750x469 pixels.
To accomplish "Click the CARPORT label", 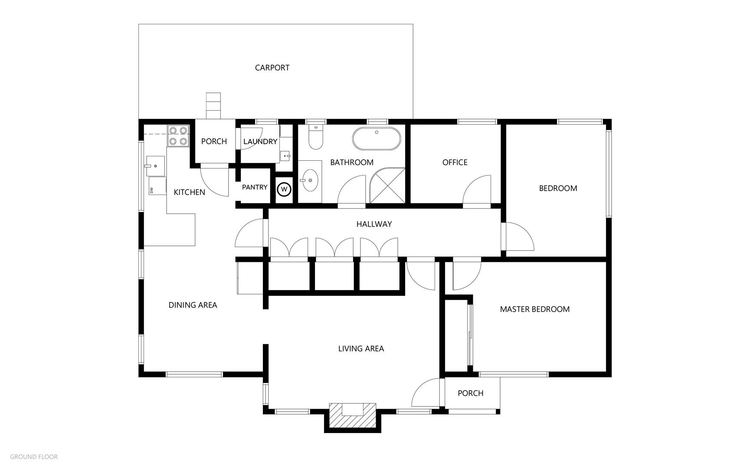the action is point(272,68).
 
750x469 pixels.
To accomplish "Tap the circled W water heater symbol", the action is point(285,189).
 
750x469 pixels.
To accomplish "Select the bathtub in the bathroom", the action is point(376,139).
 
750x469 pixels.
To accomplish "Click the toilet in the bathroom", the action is point(315,137).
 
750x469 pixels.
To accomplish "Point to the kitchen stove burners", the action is point(178,135).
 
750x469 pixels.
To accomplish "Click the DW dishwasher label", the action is point(151,190).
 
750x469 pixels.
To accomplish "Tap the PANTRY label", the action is point(255,187).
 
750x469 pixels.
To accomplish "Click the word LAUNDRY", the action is point(260,142).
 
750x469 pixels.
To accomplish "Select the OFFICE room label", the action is point(455,162).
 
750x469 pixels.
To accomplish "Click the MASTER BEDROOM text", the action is point(534,309).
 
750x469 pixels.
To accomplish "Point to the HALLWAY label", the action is point(374,224).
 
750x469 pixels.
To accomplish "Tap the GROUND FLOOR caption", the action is point(34,457).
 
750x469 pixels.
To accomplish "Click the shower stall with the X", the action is point(387,185).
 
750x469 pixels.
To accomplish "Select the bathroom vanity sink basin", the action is point(310,180).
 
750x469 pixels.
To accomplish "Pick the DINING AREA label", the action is point(193,305).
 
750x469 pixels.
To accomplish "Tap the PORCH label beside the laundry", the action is point(214,142).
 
